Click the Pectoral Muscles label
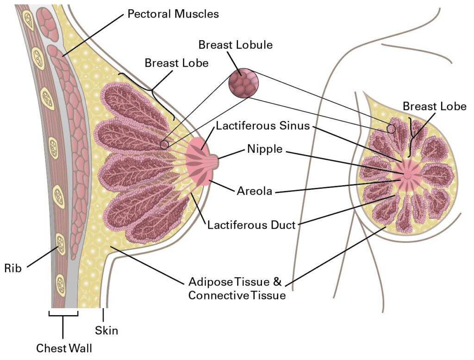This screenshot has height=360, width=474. tap(173, 14)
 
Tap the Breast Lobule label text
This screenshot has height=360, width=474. tap(236, 45)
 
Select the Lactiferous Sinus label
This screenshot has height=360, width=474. tap(263, 125)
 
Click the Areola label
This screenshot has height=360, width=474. tap(255, 191)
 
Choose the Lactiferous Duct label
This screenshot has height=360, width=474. tap(251, 225)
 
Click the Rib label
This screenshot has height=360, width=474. tap(13, 268)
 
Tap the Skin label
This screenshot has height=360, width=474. tap(106, 330)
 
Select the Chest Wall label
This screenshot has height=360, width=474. tap(64, 348)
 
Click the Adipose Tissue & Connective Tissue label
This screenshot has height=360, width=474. tap(237, 288)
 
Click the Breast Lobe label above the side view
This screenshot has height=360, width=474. tap(176, 63)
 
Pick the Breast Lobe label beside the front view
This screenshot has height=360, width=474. tap(435, 106)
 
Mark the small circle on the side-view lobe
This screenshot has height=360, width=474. tap(164, 145)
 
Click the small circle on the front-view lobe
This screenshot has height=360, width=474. tap(392, 129)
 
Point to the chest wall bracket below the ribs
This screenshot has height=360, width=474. tap(63, 315)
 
